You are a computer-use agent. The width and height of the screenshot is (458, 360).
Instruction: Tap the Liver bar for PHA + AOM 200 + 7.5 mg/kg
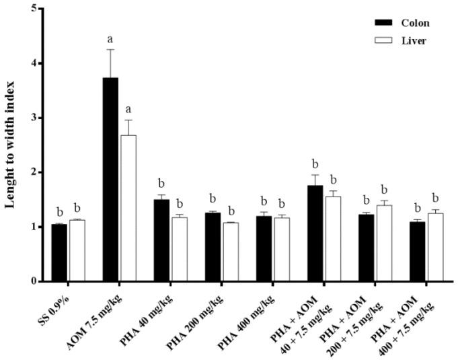(x=383, y=243)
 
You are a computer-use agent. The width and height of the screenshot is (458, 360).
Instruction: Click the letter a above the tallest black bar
(x=110, y=38)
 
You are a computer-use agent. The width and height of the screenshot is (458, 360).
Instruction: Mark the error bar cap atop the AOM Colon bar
(x=110, y=49)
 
